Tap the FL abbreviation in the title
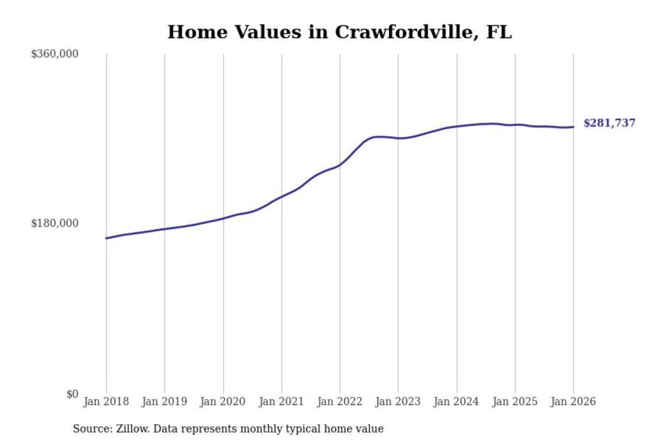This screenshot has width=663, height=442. point(499,32)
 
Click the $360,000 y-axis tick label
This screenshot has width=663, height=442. point(55,54)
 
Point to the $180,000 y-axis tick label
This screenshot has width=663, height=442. point(55,223)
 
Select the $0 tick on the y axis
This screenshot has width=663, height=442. point(72,394)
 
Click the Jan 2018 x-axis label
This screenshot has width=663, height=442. point(106,401)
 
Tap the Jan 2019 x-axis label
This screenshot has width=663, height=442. point(164,401)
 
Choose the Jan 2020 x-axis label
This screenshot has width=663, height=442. point(223,401)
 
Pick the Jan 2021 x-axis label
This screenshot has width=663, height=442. point(281,401)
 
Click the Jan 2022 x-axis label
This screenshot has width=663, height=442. point(340,401)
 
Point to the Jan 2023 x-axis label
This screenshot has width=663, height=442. point(398,401)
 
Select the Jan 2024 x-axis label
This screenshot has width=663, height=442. point(456,401)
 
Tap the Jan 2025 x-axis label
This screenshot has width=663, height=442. point(515,401)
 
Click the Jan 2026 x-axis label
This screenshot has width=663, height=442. point(573,401)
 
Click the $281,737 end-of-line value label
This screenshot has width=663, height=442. point(609,123)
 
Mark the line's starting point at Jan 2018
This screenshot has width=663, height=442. point(106,238)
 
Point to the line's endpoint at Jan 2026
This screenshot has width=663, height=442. point(573,127)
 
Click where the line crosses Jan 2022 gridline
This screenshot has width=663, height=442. point(340,164)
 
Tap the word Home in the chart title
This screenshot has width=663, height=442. point(198,32)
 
